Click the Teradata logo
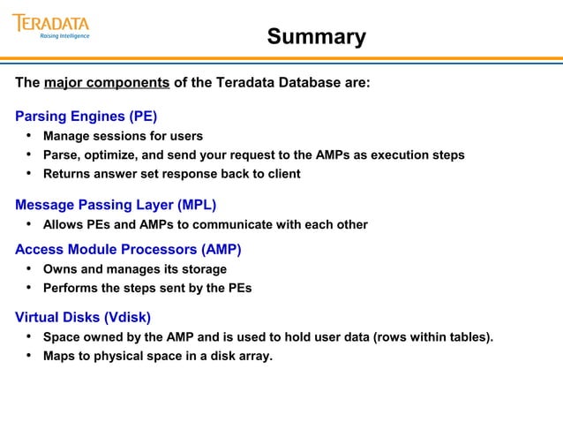coord(51,22)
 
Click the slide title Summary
coord(316,37)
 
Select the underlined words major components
coord(107,83)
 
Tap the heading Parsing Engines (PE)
coord(86,116)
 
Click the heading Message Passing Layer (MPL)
coord(116,206)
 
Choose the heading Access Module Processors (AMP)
coord(128,249)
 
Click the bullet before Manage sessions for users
coord(28,136)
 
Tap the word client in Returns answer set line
coord(281,174)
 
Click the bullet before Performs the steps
coord(28,288)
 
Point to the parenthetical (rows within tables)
coord(434,337)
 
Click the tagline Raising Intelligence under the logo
coord(64,37)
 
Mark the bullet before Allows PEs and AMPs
coord(28,224)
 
